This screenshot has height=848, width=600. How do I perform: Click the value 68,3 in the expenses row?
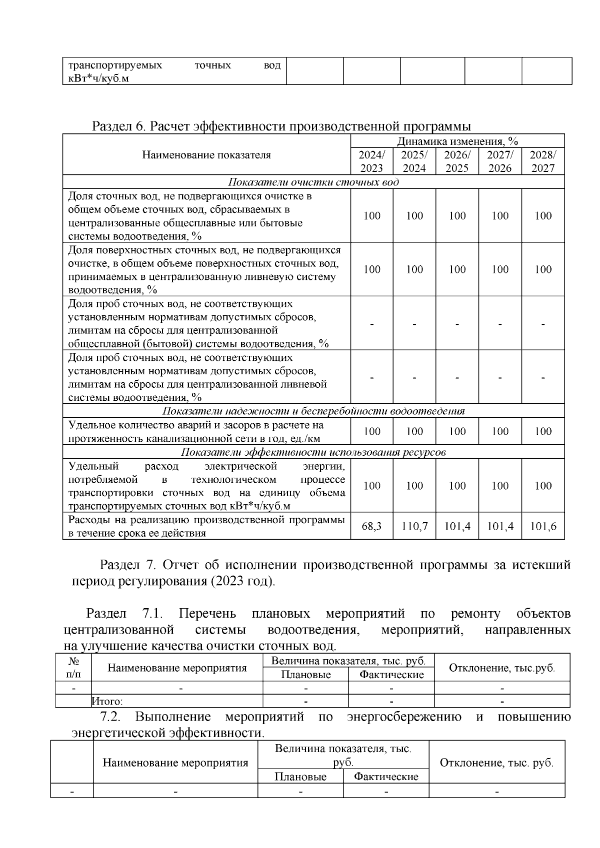pyautogui.click(x=371, y=526)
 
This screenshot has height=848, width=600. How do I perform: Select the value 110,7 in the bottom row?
pyautogui.click(x=414, y=526)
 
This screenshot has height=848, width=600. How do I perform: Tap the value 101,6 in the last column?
pyautogui.click(x=543, y=526)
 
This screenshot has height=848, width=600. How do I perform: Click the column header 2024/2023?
pyautogui.click(x=371, y=161)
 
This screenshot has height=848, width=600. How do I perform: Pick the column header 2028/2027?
pyautogui.click(x=543, y=161)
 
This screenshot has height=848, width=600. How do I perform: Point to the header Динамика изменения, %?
pyautogui.click(x=457, y=141)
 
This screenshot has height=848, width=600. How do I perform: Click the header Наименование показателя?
pyautogui.click(x=206, y=155)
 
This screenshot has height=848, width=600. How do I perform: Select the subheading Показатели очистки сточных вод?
pyautogui.click(x=313, y=182)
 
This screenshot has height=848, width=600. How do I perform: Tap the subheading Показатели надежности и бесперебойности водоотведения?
pyautogui.click(x=313, y=411)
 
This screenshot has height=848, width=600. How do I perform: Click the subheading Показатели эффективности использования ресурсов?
pyautogui.click(x=313, y=452)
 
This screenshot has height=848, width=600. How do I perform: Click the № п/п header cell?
pyautogui.click(x=73, y=668)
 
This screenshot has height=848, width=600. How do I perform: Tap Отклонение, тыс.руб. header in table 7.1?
pyautogui.click(x=502, y=668)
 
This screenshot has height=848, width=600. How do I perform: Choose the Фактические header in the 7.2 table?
pyautogui.click(x=386, y=777)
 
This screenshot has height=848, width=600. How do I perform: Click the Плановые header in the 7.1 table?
pyautogui.click(x=305, y=675)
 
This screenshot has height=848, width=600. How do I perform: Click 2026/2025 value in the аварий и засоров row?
pyautogui.click(x=457, y=431)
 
